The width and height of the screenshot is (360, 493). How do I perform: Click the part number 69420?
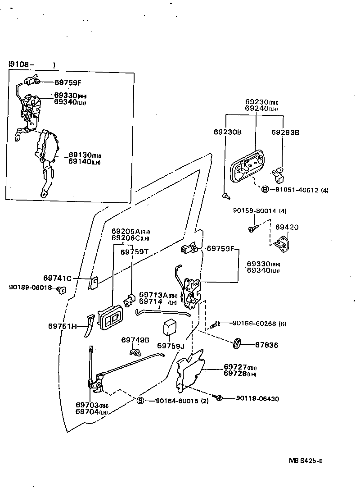(287, 228)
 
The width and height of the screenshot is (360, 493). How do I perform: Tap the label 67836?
(267, 345)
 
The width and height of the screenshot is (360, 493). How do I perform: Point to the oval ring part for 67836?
(236, 343)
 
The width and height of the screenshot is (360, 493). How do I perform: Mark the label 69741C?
(58, 278)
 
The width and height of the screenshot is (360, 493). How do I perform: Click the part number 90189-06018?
(30, 288)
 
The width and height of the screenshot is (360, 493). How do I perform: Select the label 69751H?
(62, 326)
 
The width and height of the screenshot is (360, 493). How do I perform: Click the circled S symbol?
(140, 401)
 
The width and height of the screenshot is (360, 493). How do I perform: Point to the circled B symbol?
(265, 190)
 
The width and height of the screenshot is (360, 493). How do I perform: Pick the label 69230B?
(228, 132)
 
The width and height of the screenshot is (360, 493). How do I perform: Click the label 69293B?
(285, 132)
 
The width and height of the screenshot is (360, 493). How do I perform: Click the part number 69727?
(234, 367)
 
